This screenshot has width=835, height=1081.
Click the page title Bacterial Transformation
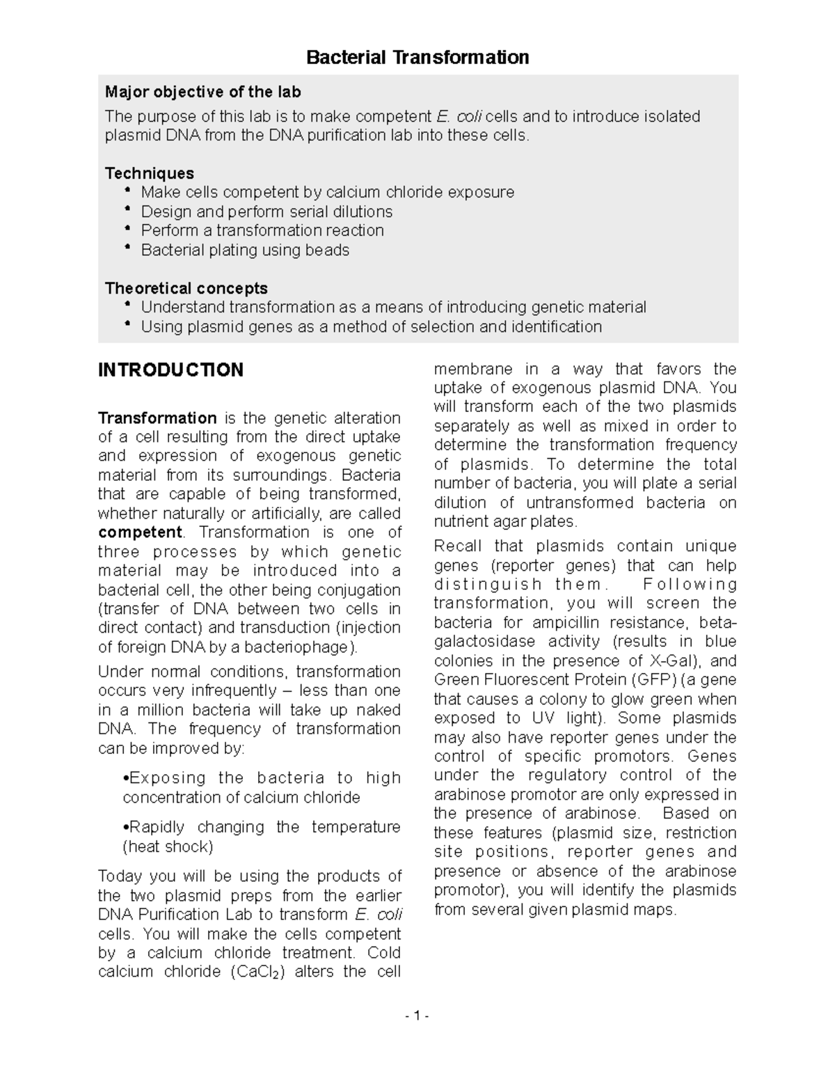point(417,57)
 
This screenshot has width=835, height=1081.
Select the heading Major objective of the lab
point(202,92)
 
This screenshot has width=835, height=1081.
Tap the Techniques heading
point(149,173)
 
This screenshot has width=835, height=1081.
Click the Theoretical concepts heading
point(186,288)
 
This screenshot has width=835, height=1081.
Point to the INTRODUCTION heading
point(170,370)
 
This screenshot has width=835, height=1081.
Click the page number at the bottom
point(417,1016)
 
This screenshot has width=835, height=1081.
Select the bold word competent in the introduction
point(140,532)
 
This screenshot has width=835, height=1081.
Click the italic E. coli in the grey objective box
point(459,116)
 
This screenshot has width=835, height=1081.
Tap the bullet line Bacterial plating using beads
point(245,250)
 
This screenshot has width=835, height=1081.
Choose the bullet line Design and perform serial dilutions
point(267,212)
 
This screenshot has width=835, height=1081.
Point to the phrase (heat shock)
point(168,846)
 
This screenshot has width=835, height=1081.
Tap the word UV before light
point(545,718)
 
